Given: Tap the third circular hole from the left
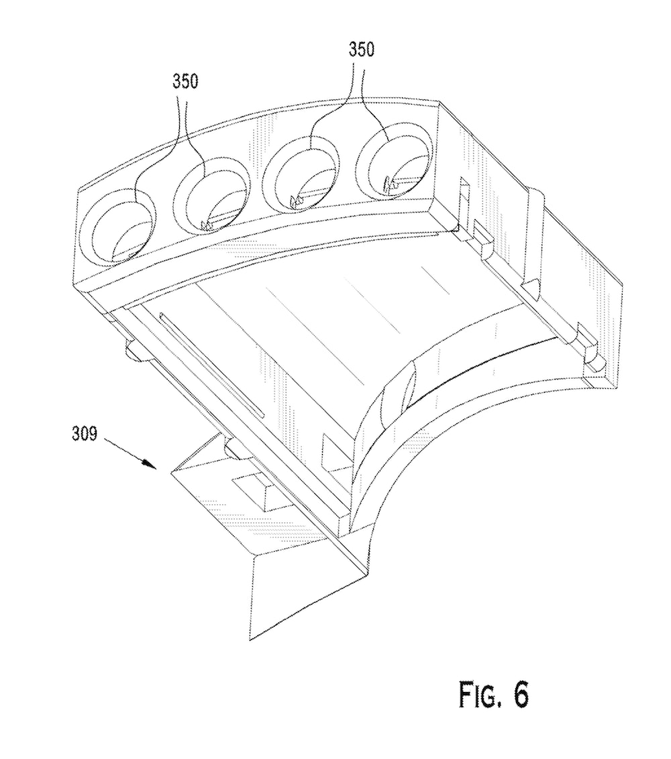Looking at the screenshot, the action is (x=301, y=173).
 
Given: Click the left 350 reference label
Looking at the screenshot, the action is (x=186, y=81).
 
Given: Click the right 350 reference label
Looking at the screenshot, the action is (x=362, y=50).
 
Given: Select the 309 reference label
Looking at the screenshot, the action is (x=85, y=434).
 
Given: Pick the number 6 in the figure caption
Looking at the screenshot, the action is (x=521, y=695).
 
